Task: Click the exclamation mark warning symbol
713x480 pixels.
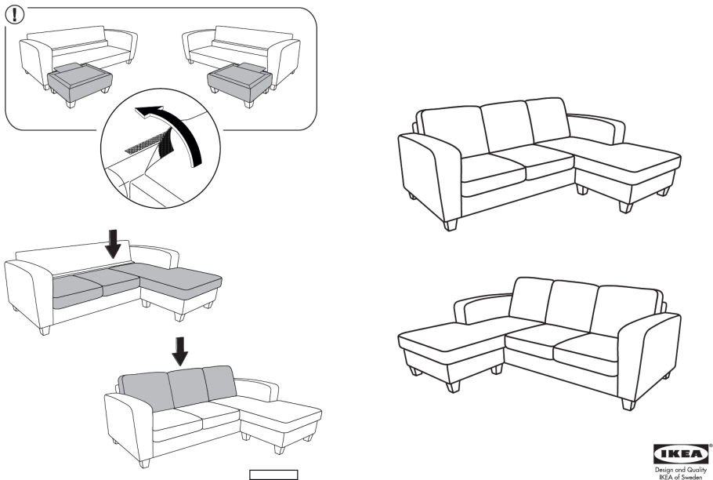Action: (15, 15)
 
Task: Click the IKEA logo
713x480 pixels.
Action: (681, 453)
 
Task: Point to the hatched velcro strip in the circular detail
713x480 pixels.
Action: (149, 141)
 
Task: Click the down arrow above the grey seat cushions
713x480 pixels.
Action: (113, 243)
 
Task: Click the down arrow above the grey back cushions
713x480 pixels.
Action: (180, 351)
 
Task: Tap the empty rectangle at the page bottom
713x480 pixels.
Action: (273, 475)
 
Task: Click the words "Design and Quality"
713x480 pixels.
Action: (681, 470)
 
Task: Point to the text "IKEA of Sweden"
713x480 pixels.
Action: (681, 476)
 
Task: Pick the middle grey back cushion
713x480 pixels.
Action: (188, 387)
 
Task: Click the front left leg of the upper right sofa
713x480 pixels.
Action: (451, 225)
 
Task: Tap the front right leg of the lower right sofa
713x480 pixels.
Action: (628, 404)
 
